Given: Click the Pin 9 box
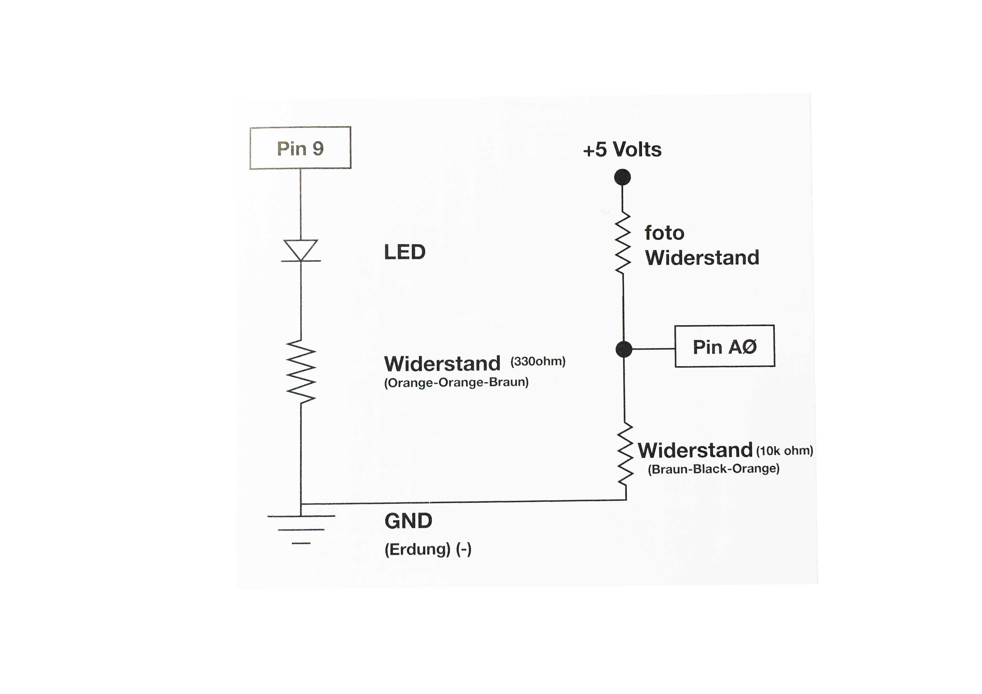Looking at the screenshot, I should [300, 148].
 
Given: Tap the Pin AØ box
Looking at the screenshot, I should [724, 346].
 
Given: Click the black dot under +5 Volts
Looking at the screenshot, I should [622, 177].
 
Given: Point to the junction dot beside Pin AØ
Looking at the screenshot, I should [624, 349].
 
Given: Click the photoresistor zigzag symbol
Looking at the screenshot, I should [623, 242].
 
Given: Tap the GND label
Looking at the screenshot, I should [408, 521].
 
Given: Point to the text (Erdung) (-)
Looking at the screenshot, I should [428, 549].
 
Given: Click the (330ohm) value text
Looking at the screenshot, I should [538, 361].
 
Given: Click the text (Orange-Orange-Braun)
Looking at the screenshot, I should [456, 382].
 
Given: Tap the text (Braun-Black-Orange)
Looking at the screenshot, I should [713, 469].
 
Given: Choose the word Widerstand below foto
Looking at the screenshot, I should [702, 257].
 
